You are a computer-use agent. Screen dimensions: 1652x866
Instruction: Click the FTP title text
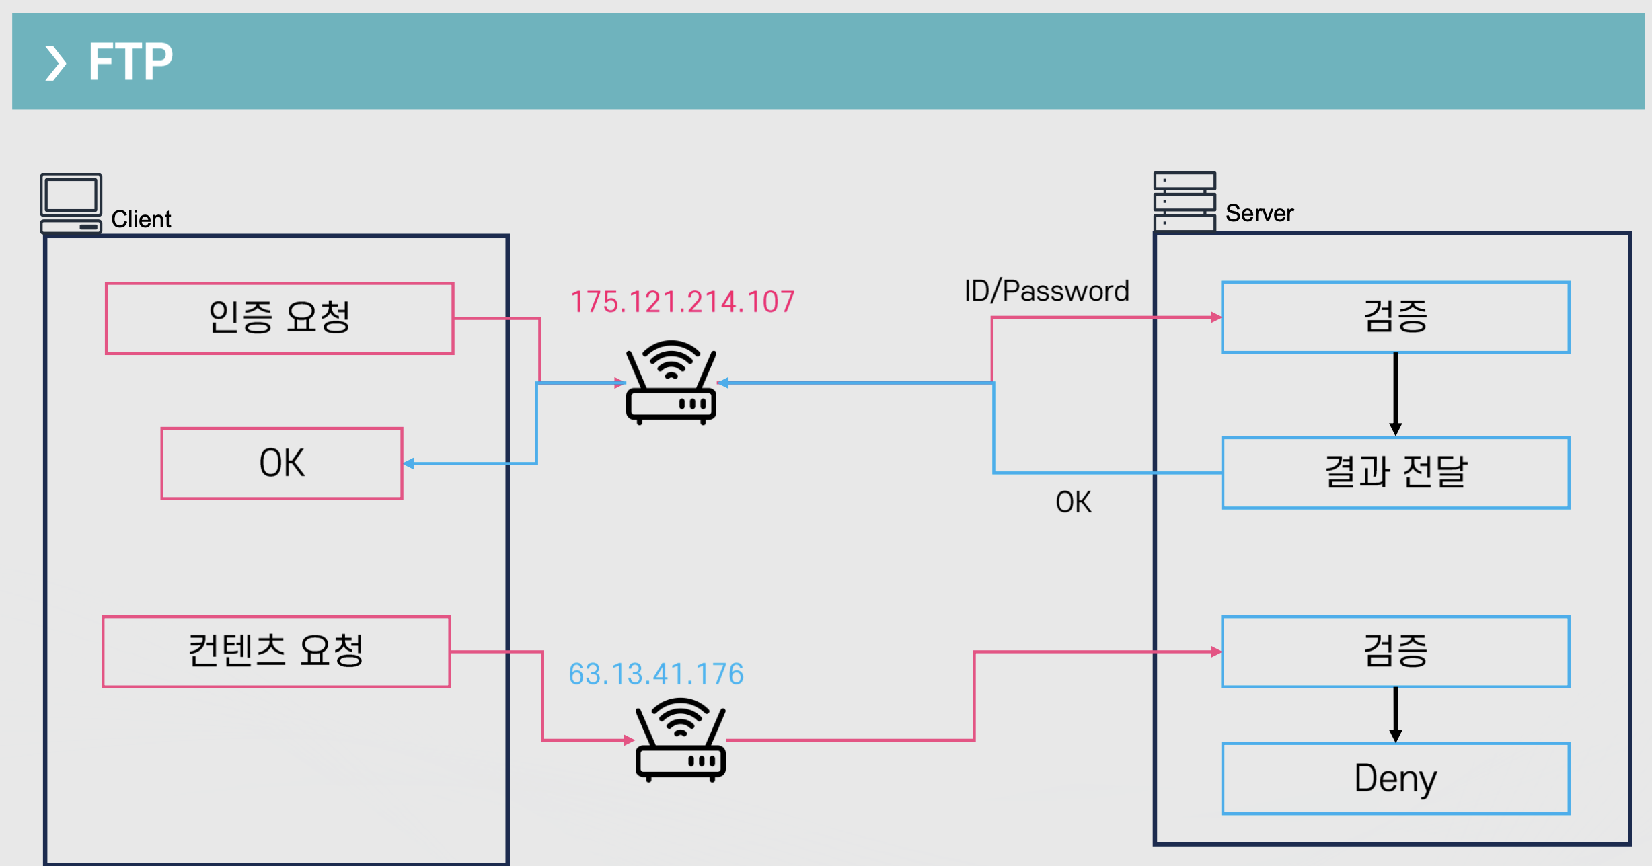click(130, 62)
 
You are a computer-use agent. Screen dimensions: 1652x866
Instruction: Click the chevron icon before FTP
click(55, 63)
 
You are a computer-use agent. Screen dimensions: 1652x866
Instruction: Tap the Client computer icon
click(71, 203)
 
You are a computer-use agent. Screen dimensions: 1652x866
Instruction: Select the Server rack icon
click(1185, 201)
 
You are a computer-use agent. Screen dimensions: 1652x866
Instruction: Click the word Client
click(141, 219)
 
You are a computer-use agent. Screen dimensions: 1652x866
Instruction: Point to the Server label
click(1259, 213)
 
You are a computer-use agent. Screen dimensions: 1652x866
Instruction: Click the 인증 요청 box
click(280, 318)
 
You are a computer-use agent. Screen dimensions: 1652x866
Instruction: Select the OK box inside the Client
click(282, 463)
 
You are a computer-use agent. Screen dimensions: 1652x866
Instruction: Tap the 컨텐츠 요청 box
click(276, 652)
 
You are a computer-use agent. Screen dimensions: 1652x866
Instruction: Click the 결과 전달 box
click(1396, 473)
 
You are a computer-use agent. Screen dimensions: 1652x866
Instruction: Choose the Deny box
click(1396, 779)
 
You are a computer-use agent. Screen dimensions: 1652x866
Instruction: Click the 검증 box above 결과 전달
click(1396, 317)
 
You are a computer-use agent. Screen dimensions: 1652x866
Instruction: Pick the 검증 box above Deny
click(1396, 652)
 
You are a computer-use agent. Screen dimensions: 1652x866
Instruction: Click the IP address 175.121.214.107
click(683, 302)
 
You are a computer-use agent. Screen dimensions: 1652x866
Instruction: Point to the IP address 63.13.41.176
click(656, 674)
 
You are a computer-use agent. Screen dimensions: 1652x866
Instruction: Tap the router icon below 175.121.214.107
click(671, 383)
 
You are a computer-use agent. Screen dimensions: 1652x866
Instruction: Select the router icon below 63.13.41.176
click(681, 740)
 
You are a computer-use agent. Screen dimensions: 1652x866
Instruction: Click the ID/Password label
click(1047, 291)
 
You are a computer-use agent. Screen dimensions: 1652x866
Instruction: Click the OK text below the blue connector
click(1074, 502)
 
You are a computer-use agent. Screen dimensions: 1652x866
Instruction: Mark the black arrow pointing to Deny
click(1396, 715)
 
